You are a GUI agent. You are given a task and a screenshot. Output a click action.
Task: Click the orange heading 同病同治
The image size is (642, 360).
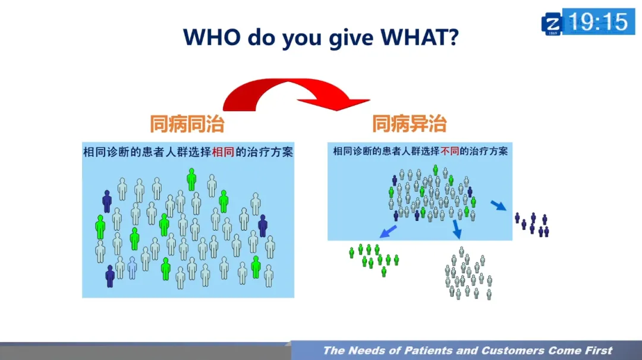(187, 124)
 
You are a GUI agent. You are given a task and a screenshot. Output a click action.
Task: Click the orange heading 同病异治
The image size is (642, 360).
(409, 124)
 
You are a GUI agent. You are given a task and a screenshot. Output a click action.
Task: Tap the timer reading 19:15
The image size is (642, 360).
(598, 23)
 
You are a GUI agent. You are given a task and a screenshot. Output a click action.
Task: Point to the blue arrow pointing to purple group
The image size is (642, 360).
(498, 206)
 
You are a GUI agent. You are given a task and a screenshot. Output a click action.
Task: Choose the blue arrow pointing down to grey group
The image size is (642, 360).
(457, 229)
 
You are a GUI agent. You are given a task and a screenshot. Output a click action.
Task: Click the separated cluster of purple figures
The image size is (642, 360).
(532, 224)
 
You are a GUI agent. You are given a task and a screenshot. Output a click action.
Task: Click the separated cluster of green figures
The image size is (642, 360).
(374, 258)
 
